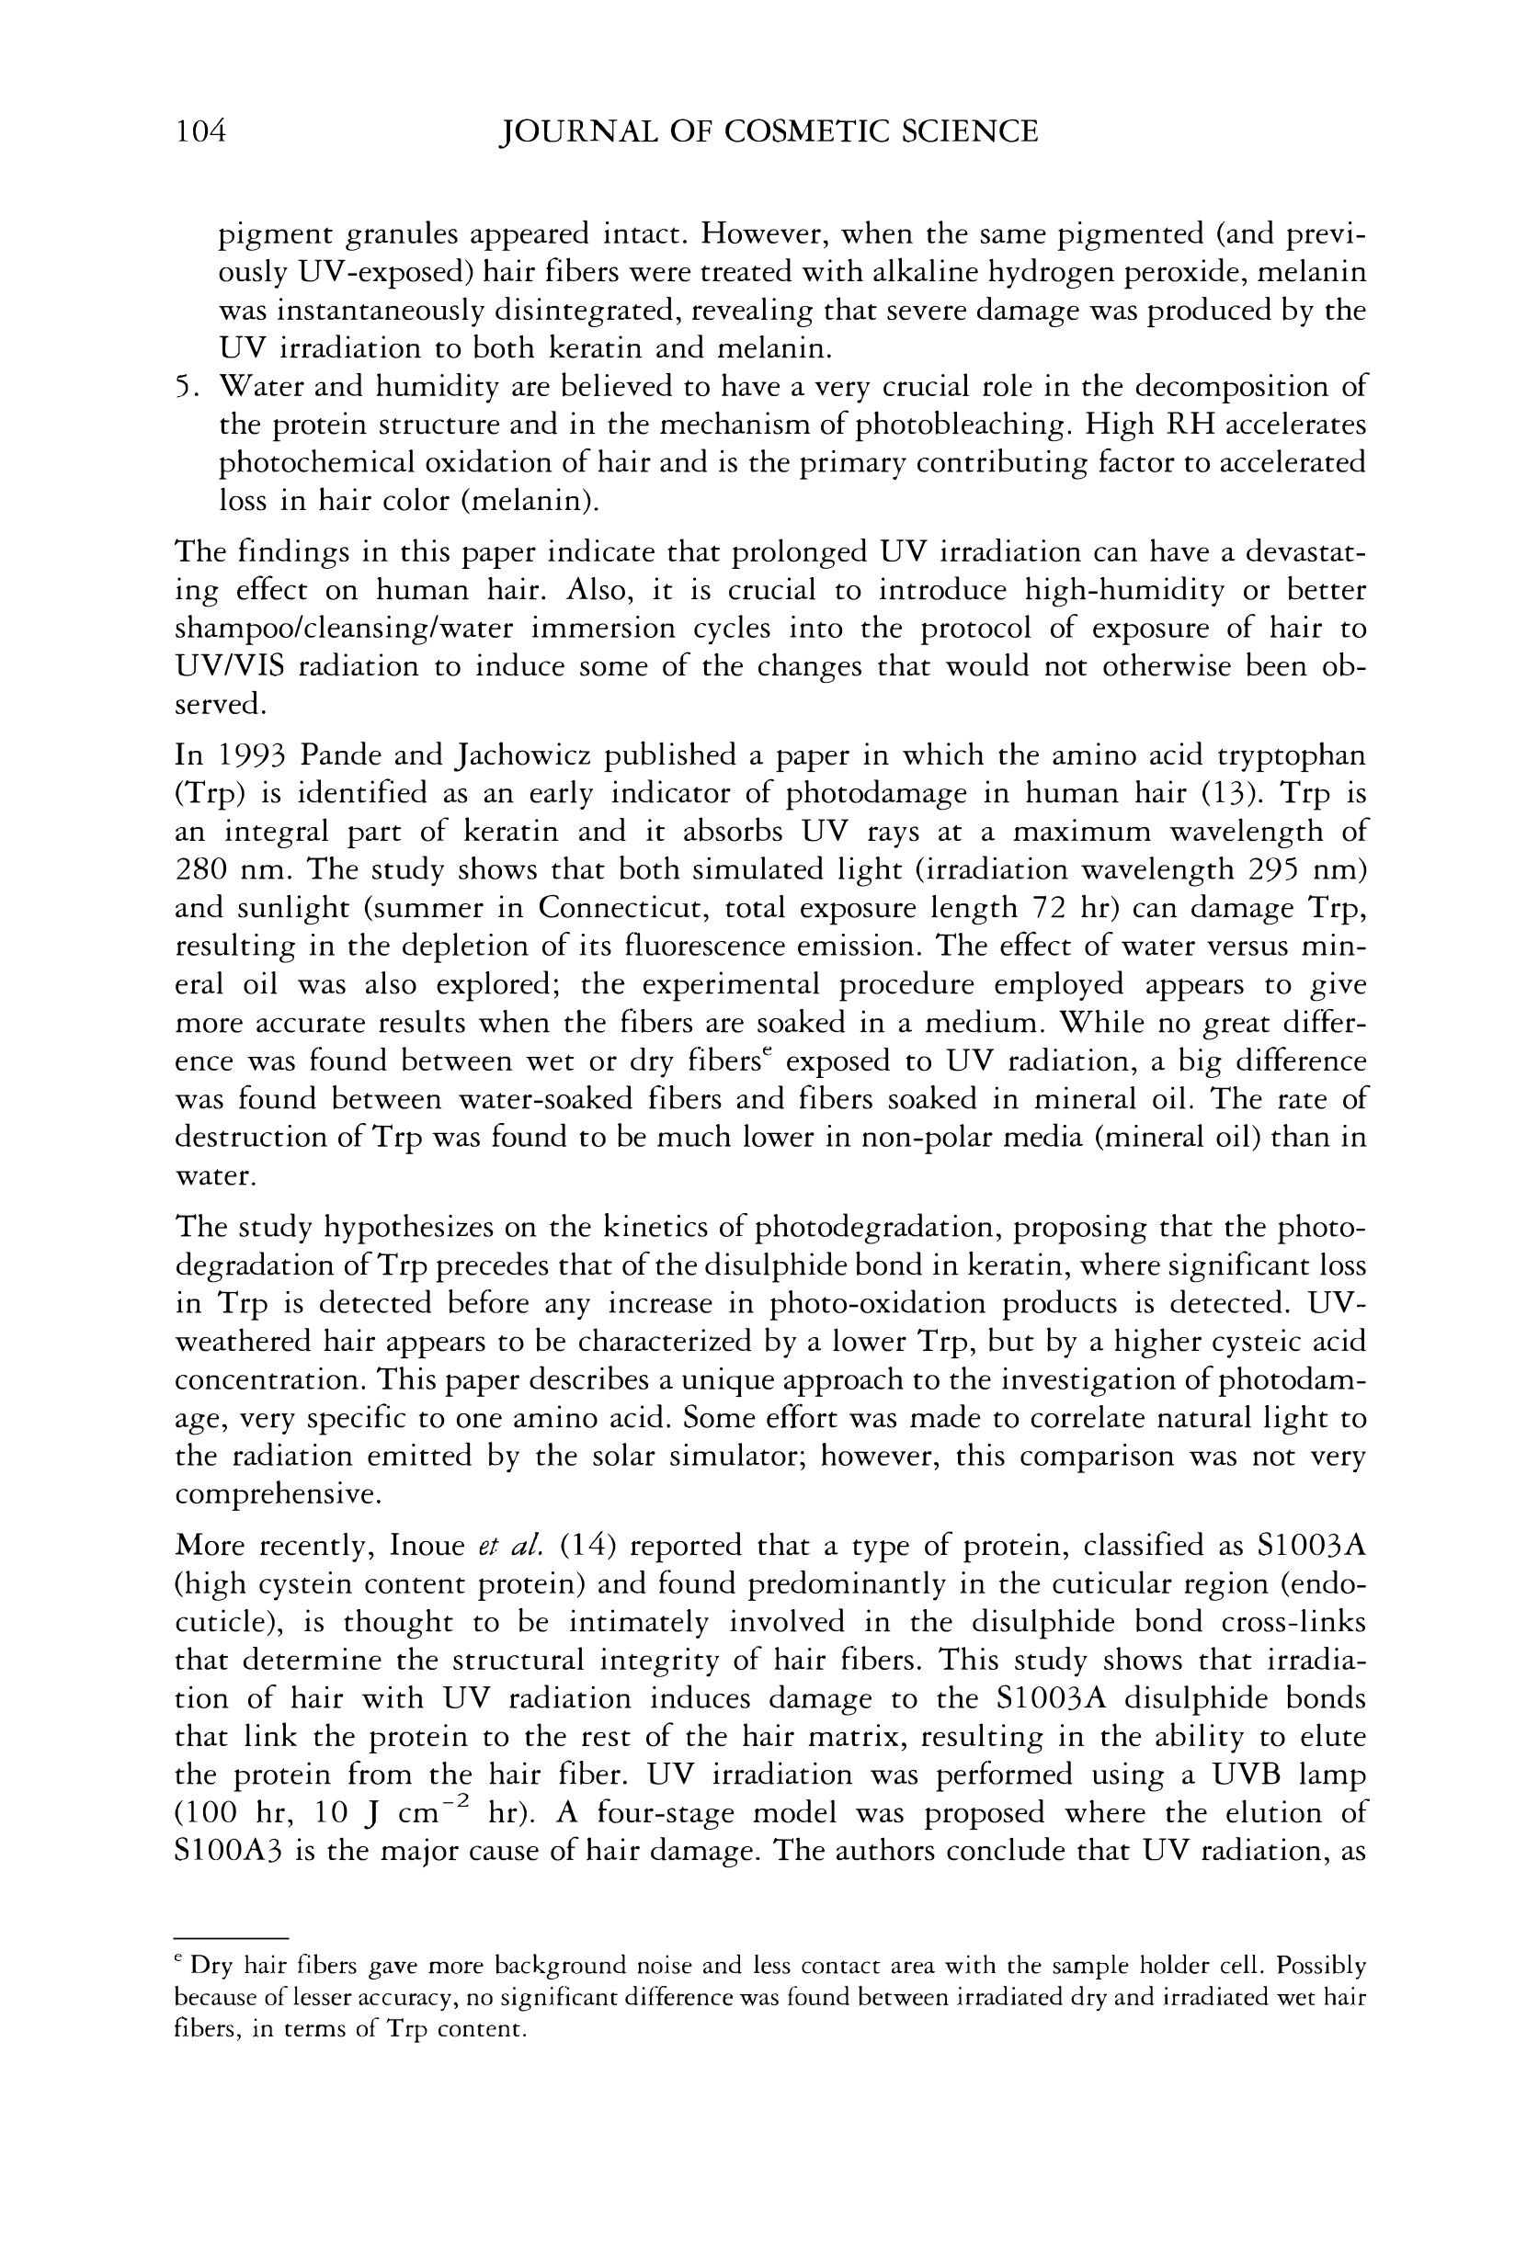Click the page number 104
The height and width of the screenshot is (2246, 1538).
point(200,131)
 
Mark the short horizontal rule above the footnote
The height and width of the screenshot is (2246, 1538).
point(232,1938)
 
